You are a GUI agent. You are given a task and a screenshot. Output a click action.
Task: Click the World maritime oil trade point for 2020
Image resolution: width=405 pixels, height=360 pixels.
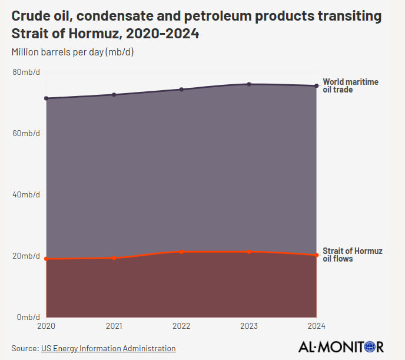pos(47,98)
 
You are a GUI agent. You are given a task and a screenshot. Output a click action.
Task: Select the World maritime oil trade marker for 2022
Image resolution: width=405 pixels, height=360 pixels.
pos(181,90)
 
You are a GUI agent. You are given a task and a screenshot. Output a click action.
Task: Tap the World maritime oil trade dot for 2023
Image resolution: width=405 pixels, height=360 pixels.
pos(249,84)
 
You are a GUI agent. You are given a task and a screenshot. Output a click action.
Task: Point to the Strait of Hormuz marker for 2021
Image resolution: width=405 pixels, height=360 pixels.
pos(114,258)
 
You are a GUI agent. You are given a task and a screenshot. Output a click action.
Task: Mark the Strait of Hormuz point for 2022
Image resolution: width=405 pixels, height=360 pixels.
pos(181,252)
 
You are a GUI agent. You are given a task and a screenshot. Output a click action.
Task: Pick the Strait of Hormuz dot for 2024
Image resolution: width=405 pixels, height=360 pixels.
pos(317,255)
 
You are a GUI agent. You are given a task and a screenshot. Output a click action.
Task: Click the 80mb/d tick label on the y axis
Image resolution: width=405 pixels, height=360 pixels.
pos(26,72)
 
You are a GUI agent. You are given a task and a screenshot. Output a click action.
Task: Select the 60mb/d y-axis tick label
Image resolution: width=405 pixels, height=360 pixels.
pos(26,133)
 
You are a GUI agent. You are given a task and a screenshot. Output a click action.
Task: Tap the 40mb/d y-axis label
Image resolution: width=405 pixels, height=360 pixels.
pos(26,194)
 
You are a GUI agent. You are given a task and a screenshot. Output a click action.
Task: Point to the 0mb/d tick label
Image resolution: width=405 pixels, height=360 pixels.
pos(28,317)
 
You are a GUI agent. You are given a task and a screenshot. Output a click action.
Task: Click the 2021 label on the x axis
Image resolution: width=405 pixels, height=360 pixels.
pos(114,326)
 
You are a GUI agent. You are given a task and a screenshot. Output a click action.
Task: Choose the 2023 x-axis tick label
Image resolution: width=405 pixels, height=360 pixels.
pos(249,326)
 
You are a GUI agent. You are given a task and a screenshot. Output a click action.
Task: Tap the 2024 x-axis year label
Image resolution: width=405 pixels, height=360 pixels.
pos(316,326)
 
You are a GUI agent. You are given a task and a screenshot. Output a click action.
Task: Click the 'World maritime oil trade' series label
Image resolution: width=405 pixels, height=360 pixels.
pos(350,86)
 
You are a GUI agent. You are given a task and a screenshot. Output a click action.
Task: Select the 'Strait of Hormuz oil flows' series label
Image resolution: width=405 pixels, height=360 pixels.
pos(352,255)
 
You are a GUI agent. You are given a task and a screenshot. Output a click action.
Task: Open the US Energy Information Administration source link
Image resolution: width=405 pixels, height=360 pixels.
pos(108,348)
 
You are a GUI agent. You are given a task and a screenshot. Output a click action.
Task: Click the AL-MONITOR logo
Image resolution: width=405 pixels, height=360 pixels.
pos(341,347)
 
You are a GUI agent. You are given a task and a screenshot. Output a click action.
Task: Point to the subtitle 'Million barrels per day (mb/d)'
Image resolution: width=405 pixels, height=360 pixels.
pos(72,52)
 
